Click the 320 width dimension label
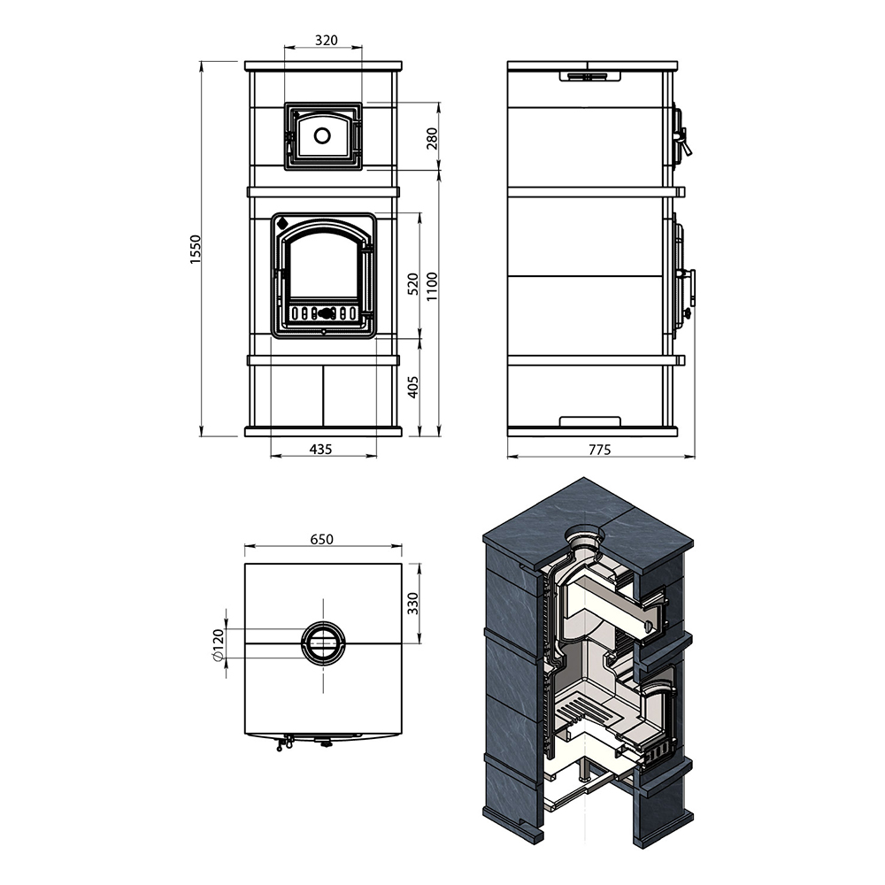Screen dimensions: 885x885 [327, 40]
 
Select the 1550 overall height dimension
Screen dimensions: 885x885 [196, 249]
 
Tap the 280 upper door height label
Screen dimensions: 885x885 [432, 138]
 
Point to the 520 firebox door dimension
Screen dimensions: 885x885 [413, 284]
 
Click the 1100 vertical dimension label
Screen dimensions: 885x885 [432, 286]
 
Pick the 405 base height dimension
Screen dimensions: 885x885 [413, 388]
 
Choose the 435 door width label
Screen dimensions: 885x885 [321, 450]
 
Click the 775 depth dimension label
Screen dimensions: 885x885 [600, 450]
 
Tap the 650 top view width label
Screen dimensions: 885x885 [322, 539]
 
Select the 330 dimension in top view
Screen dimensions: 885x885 [413, 604]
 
